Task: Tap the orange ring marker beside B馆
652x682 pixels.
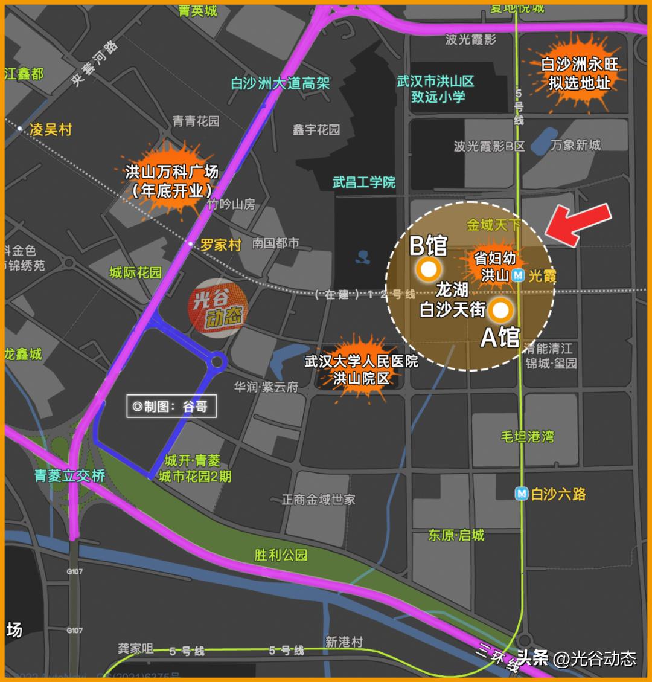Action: (428, 269)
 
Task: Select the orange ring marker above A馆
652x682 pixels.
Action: (500, 310)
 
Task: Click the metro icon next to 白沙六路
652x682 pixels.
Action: (521, 494)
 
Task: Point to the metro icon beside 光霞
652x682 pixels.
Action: (518, 275)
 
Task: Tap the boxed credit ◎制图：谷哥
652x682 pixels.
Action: (170, 407)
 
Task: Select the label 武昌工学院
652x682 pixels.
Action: (363, 182)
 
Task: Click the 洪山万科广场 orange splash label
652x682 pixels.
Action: (171, 181)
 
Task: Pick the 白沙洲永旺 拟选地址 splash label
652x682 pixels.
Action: (579, 73)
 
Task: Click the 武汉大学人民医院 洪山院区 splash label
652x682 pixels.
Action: (362, 370)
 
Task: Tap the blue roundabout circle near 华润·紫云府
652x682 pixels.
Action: (217, 362)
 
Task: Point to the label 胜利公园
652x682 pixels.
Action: (281, 555)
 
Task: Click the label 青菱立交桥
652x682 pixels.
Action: (70, 475)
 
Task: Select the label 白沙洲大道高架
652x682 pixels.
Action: (280, 83)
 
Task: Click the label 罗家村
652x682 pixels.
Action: (220, 245)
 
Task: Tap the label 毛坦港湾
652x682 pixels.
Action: (527, 436)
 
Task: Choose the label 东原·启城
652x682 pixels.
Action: (456, 535)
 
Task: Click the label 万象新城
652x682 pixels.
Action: (575, 145)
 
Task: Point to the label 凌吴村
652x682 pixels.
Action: (51, 129)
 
